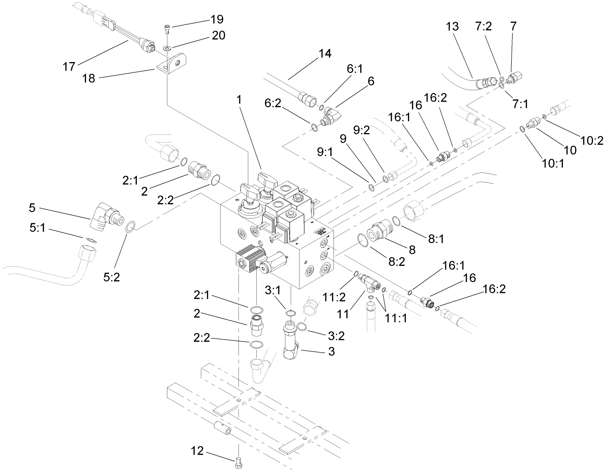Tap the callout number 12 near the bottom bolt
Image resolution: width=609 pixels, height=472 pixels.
[197, 451]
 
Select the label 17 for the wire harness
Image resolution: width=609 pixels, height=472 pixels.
[69, 67]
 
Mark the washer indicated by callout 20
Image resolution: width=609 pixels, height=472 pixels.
[167, 47]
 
